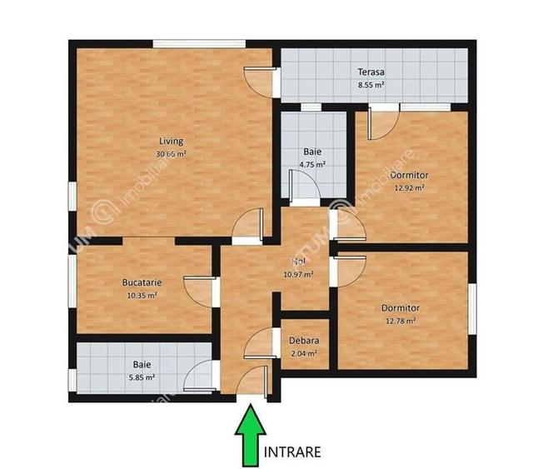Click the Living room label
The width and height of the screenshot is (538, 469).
point(172,142)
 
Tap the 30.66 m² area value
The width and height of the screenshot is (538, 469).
point(171,154)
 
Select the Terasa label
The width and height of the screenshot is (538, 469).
point(371,72)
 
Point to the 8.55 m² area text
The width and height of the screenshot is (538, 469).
point(371,85)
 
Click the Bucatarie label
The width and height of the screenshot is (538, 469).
point(141,283)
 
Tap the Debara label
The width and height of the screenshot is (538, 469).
point(303,341)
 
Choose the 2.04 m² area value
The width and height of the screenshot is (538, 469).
point(303,353)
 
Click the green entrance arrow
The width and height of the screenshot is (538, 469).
point(251,433)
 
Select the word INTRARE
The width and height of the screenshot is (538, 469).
point(292,452)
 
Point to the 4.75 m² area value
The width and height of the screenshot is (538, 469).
point(312,165)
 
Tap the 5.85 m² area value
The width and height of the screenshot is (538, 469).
point(142,377)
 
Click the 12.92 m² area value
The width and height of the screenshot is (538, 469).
point(409,188)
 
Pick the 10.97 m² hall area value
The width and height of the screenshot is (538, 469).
point(298,274)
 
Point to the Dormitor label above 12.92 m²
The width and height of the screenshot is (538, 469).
point(409,176)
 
